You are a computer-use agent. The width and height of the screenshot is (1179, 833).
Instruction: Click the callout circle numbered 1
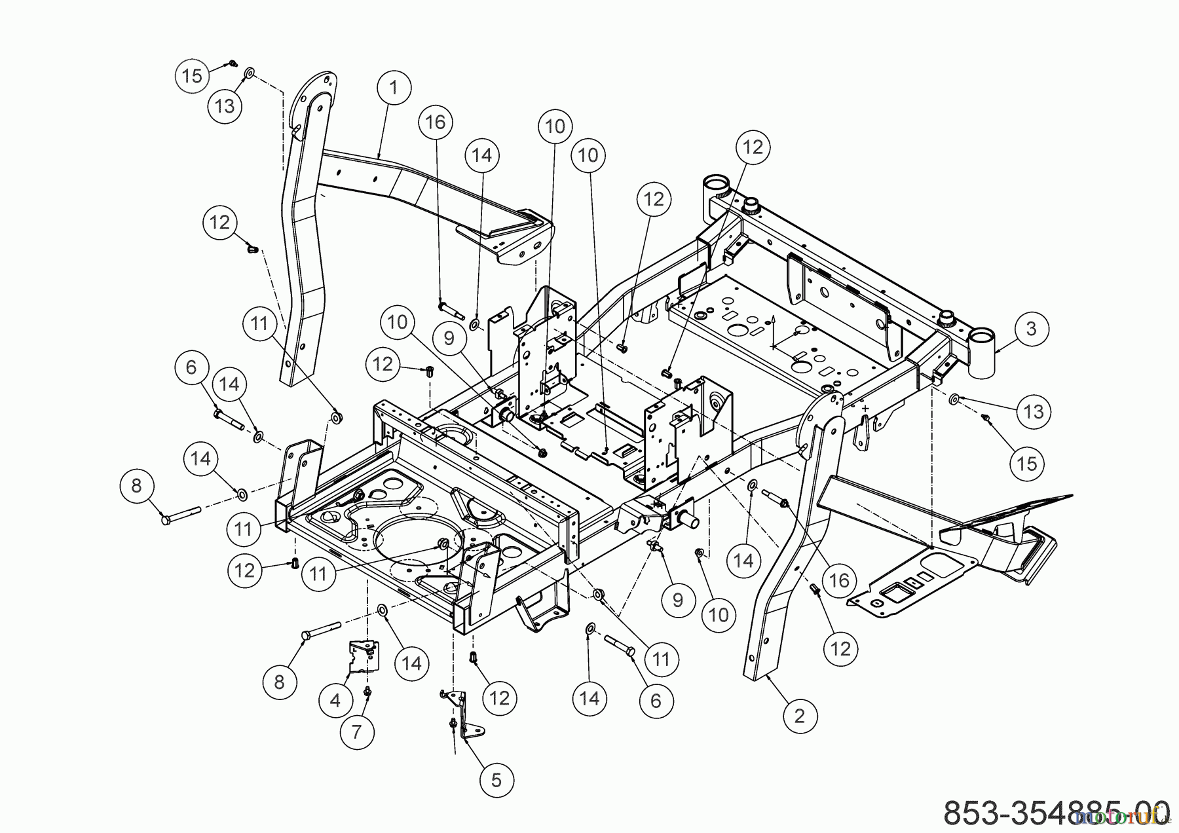click(393, 88)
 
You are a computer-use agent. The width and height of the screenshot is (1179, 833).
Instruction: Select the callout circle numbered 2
click(798, 716)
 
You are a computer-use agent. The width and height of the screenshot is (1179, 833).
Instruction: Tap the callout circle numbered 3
click(1031, 328)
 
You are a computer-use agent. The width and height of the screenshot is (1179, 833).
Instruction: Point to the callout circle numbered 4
click(335, 700)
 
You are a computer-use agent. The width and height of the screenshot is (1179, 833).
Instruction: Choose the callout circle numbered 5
click(496, 780)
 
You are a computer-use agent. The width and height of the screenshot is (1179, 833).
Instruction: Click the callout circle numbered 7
click(356, 731)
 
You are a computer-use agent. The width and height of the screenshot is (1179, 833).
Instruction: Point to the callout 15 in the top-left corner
click(192, 76)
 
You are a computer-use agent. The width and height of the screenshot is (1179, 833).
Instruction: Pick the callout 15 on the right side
click(1027, 463)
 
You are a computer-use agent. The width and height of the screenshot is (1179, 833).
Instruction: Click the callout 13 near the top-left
click(225, 105)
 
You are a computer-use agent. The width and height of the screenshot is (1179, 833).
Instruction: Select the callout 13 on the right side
click(1034, 411)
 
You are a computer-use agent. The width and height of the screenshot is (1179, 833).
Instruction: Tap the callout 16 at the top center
click(435, 122)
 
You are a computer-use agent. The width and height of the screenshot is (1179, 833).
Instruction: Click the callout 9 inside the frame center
click(449, 338)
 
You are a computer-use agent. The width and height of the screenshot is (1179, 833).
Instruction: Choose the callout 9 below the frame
click(677, 600)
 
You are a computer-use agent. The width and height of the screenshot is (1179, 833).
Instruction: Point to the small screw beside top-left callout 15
click(233, 64)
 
